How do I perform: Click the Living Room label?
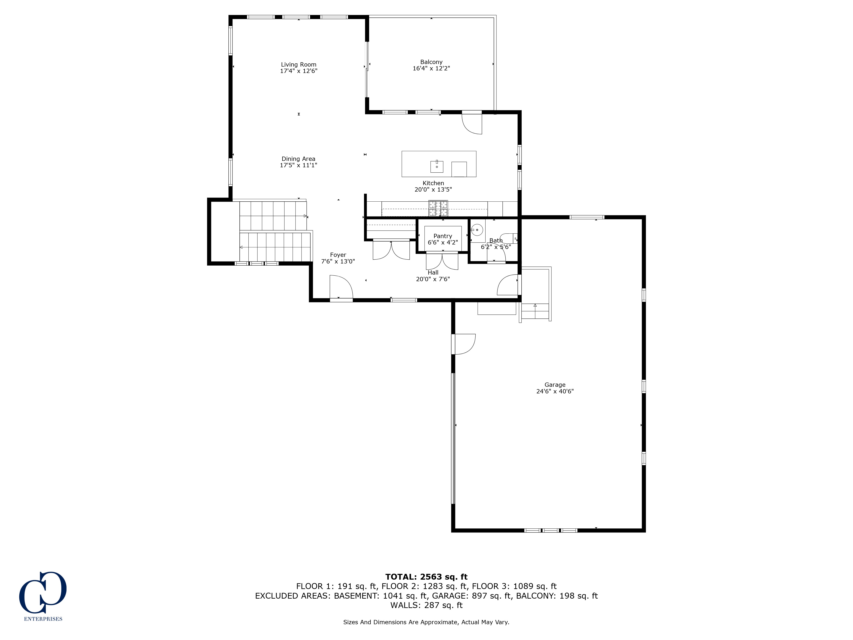pos(299,64)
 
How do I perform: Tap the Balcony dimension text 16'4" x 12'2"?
pos(431,68)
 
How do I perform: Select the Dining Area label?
pos(299,159)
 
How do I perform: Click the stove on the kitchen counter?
pos(438,208)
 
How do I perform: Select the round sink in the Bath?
pos(477,230)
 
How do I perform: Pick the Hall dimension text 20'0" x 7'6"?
pos(433,279)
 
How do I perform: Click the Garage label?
pos(555,385)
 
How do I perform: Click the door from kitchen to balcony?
pos(472,123)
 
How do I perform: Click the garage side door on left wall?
pos(464,344)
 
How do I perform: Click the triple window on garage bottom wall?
pos(551,530)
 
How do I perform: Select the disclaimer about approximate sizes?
pos(426,622)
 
